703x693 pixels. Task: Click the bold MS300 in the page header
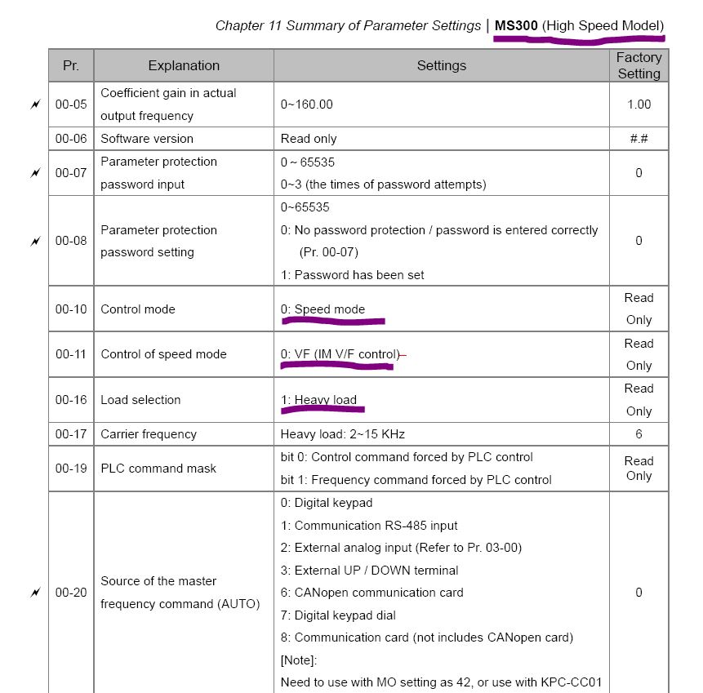(x=516, y=25)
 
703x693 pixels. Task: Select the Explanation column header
(x=184, y=65)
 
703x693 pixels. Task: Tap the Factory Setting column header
(x=638, y=65)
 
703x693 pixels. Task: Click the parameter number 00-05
(x=71, y=104)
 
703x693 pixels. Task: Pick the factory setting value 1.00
(x=638, y=104)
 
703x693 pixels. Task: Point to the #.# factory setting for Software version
(x=638, y=139)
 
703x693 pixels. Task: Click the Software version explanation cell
(x=147, y=139)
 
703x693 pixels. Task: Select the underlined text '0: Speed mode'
(x=323, y=309)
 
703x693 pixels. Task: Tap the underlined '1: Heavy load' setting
(x=318, y=400)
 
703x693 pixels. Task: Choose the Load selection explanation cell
(x=140, y=400)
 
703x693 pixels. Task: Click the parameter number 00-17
(x=71, y=434)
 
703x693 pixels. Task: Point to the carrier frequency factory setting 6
(x=638, y=434)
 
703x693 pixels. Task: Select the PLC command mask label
(x=158, y=469)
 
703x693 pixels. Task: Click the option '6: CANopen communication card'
(x=372, y=593)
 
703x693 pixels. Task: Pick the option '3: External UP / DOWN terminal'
(x=369, y=571)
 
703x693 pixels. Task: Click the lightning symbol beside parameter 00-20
(x=34, y=593)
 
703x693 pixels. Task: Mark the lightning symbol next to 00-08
(x=34, y=241)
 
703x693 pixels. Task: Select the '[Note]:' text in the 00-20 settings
(x=299, y=659)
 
